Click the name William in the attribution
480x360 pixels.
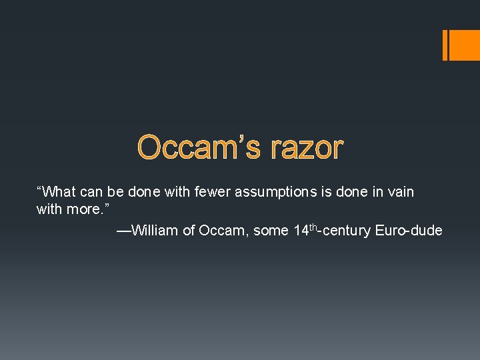(x=155, y=231)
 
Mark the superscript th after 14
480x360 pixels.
(x=313, y=227)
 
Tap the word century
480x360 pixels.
(x=347, y=231)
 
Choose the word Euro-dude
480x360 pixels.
(x=409, y=231)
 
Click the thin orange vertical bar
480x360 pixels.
(x=445, y=45)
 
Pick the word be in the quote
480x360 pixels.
(x=115, y=193)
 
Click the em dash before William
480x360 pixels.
(x=123, y=231)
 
